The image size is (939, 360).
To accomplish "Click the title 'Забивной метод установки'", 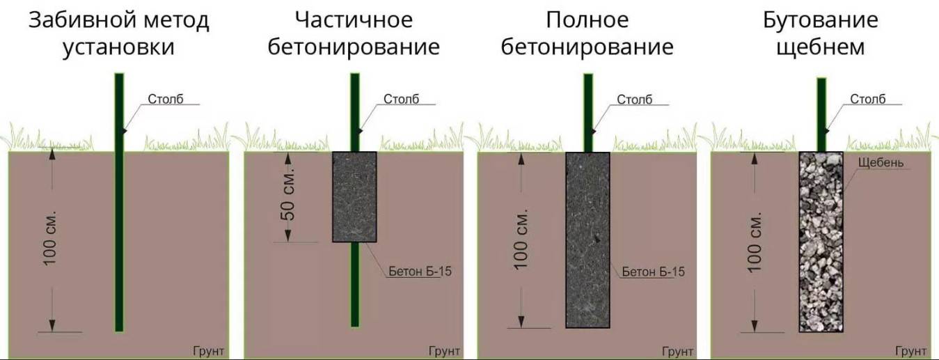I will [x=118, y=34].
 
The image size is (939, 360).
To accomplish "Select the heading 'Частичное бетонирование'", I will [x=354, y=34].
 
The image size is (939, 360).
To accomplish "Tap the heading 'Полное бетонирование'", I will [x=587, y=34].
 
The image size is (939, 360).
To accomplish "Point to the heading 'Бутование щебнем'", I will [x=820, y=34].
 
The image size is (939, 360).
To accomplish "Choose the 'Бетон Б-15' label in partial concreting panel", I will [x=420, y=272].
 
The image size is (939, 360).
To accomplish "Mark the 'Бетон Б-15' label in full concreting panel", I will [x=652, y=272].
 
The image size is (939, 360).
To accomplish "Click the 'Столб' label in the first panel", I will [x=166, y=99].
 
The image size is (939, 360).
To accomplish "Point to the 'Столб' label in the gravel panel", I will [x=867, y=99].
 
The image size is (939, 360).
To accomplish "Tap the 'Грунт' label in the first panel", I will [x=208, y=350].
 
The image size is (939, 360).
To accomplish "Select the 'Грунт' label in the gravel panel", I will [x=910, y=350].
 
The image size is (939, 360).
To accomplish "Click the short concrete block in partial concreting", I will [x=354, y=197].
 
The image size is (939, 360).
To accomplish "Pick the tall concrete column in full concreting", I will [x=587, y=240].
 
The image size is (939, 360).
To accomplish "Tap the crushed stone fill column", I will [x=821, y=240].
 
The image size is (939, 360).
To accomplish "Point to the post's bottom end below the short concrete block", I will [x=355, y=317].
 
